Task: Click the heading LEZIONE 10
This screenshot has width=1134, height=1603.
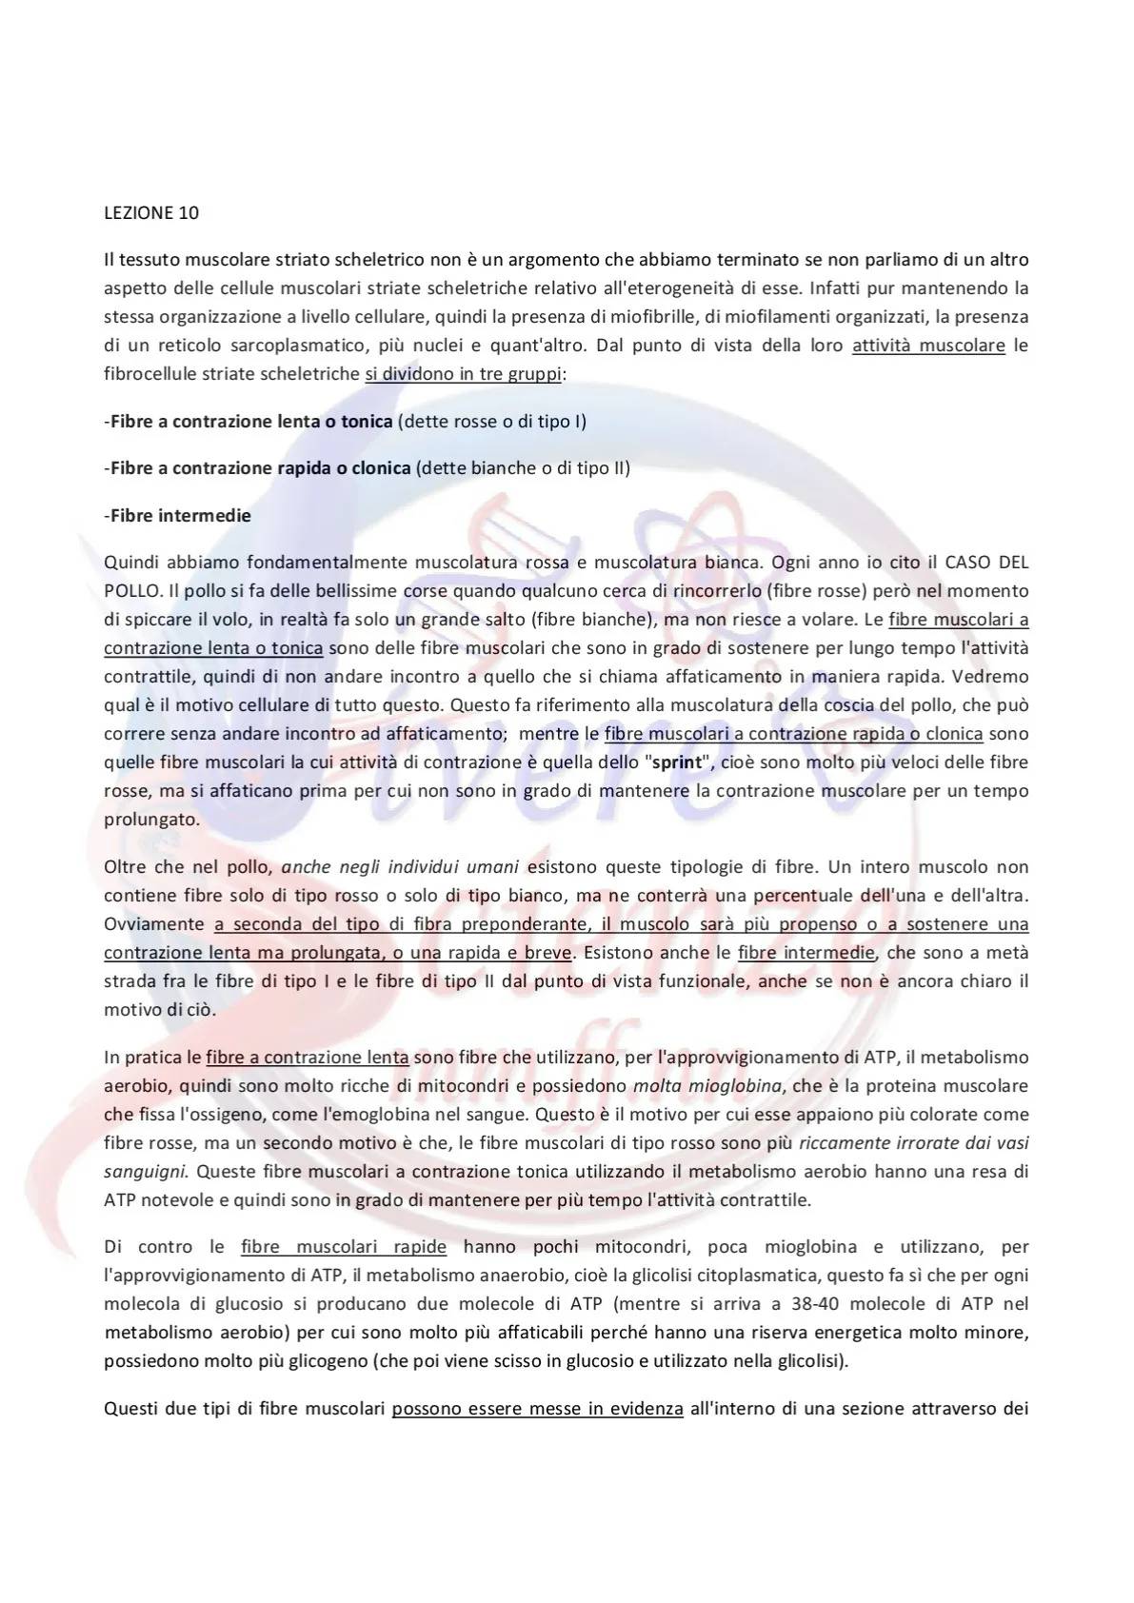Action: pos(150,212)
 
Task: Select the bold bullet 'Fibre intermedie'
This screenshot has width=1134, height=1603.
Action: pos(180,516)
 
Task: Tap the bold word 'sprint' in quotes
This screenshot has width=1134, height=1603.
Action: pos(674,762)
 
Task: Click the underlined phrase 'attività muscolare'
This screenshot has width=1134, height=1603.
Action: pos(928,346)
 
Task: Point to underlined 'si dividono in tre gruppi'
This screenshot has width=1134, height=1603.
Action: pos(463,374)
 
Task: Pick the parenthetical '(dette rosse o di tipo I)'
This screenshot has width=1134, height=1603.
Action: pos(491,421)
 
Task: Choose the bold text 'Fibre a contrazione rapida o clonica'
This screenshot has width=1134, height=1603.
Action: pos(260,468)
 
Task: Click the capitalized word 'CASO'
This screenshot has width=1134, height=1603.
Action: pos(945,563)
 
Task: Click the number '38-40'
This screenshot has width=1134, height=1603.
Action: pos(825,1303)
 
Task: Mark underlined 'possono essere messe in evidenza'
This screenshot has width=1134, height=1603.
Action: pos(537,1408)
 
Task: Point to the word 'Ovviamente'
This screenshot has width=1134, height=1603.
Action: pos(153,924)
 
